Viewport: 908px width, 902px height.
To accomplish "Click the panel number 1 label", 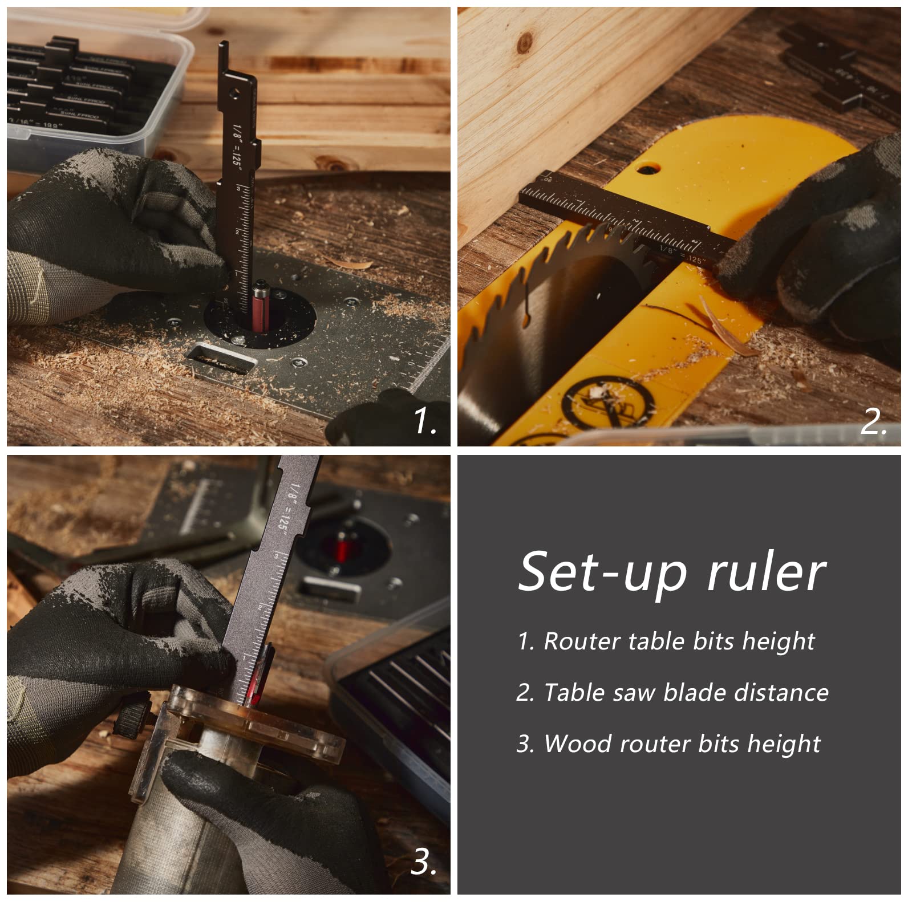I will (x=424, y=422).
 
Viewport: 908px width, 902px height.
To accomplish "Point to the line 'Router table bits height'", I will (x=666, y=641).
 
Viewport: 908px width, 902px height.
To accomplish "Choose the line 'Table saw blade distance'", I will (x=672, y=693).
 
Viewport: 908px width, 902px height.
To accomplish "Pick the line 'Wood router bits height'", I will (x=668, y=744).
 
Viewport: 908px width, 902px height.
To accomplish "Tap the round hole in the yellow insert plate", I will (x=646, y=169).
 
